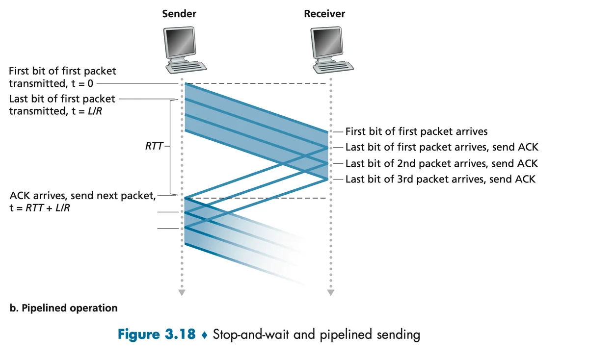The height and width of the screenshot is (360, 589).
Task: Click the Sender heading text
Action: click(x=179, y=14)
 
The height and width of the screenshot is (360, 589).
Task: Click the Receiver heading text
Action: click(x=324, y=14)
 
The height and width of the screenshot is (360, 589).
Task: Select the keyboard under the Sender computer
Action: click(x=186, y=67)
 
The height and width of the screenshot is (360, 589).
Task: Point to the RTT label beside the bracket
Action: click(x=155, y=146)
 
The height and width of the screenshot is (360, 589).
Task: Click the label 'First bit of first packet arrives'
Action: click(x=416, y=131)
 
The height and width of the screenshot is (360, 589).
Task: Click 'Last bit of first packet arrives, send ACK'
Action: click(x=442, y=147)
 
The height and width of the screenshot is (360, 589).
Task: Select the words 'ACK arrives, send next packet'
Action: click(x=82, y=196)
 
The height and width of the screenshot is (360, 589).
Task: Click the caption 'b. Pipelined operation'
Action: click(x=63, y=309)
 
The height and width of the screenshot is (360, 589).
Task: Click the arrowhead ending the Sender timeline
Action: click(x=182, y=293)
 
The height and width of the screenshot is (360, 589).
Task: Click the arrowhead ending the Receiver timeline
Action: click(x=330, y=293)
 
